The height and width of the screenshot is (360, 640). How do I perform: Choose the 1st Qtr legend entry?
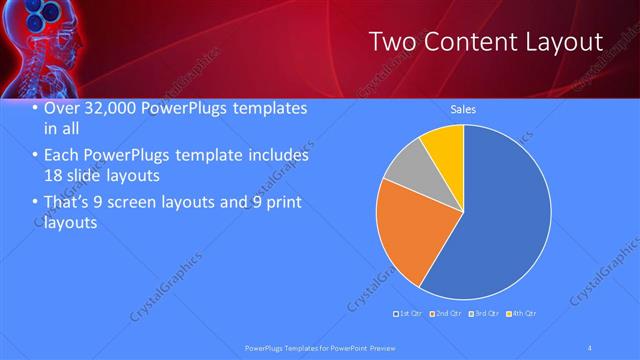(x=409, y=313)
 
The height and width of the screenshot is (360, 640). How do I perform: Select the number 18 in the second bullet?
(x=54, y=174)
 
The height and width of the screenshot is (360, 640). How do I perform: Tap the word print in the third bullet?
(x=279, y=203)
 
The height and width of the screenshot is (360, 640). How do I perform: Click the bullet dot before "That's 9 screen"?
(x=35, y=203)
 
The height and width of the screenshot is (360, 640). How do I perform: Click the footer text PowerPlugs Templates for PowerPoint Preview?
(x=320, y=348)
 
